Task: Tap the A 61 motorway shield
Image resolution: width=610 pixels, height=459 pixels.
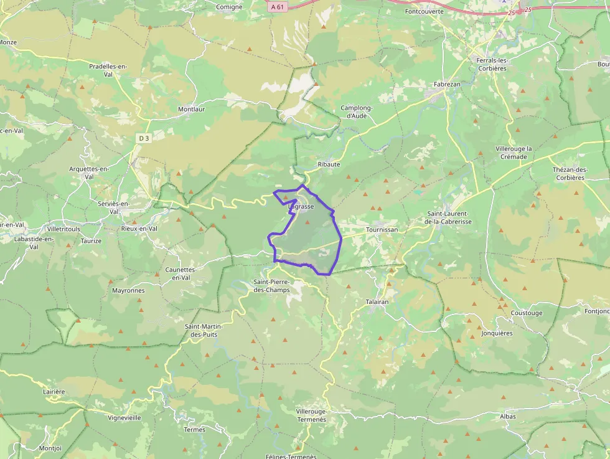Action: (x=278, y=7)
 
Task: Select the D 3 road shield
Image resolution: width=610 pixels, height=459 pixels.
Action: (x=144, y=138)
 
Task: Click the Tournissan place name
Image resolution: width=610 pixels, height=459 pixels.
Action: (x=382, y=229)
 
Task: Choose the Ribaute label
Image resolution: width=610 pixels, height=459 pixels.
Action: (x=329, y=164)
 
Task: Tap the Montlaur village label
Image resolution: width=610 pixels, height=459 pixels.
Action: (x=191, y=109)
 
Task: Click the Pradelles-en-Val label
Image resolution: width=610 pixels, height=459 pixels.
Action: (x=108, y=70)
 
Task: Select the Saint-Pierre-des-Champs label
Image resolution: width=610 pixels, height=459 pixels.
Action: (x=271, y=286)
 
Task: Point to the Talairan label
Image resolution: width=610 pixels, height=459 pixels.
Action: (x=377, y=301)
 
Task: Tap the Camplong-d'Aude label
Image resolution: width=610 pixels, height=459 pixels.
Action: (x=357, y=111)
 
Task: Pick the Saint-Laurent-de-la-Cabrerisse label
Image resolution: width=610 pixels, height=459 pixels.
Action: (x=448, y=217)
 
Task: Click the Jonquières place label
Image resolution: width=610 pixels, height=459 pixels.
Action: (x=497, y=333)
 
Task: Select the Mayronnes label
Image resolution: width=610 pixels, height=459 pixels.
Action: (x=128, y=290)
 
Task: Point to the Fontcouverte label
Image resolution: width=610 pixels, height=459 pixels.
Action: (x=424, y=11)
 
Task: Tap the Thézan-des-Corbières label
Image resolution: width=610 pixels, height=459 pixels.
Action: (x=569, y=173)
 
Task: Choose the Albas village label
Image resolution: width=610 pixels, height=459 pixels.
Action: (x=508, y=416)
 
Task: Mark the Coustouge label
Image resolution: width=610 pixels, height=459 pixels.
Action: (x=527, y=313)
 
